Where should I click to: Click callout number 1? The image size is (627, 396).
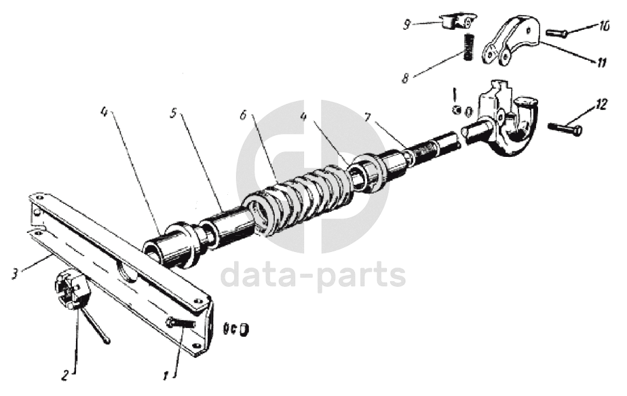click(x=164, y=374)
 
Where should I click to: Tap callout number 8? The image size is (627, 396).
click(x=405, y=77)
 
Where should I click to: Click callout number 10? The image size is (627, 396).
click(x=604, y=26)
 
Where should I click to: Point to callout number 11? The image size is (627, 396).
click(x=601, y=63)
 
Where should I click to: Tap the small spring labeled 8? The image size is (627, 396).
click(x=468, y=47)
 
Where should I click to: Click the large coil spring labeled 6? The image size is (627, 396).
click(x=299, y=200)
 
